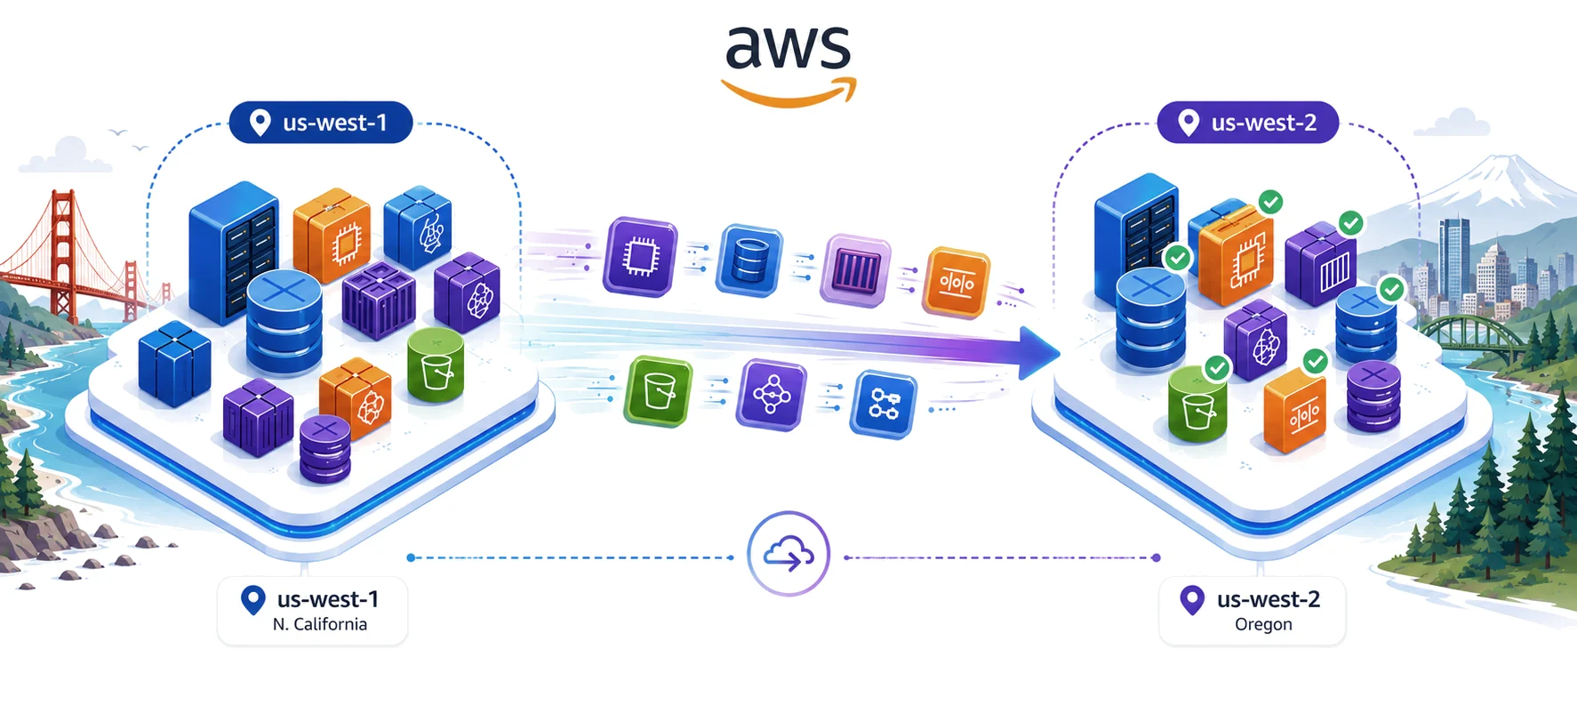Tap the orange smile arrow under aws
[789, 93]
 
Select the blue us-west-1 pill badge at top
[321, 122]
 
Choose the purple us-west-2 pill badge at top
[1248, 122]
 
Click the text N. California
[320, 624]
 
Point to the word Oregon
[1263, 624]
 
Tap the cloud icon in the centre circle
[788, 555]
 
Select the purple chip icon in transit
[640, 257]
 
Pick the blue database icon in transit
[750, 260]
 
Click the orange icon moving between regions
[957, 283]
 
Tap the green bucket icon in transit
[659, 390]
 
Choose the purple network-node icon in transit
[772, 395]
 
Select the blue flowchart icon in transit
[884, 404]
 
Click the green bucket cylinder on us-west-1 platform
[436, 365]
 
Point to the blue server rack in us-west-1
[233, 252]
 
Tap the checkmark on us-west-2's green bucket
[1217, 367]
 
